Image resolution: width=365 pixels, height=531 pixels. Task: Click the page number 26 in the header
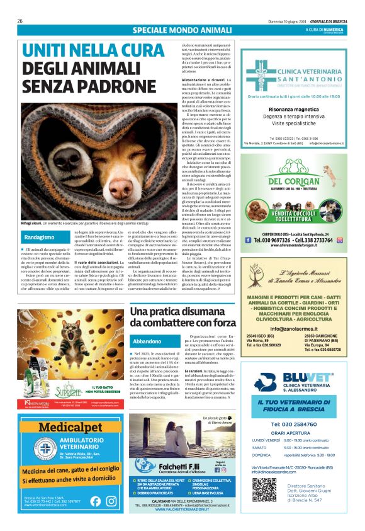pyautogui.click(x=20, y=21)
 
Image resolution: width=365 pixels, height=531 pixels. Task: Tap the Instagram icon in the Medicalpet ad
pyautogui.click(x=111, y=501)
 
